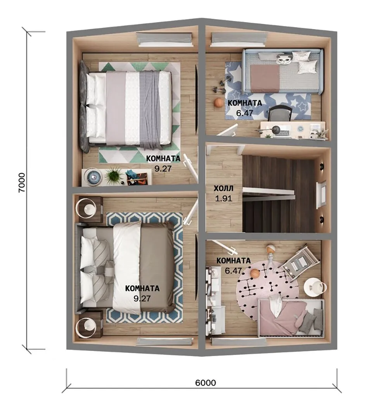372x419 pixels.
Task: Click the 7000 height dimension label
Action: click(x=21, y=182)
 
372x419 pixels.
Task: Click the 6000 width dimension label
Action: click(x=205, y=383)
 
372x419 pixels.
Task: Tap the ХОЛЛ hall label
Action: click(x=223, y=189)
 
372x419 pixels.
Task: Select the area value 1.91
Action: click(x=223, y=199)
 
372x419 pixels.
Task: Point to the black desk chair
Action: click(x=280, y=114)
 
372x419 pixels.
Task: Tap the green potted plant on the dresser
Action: click(x=114, y=176)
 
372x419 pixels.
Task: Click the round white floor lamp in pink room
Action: click(x=314, y=287)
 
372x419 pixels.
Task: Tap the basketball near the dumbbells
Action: click(x=218, y=102)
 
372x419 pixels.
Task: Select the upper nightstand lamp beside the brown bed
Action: click(x=86, y=207)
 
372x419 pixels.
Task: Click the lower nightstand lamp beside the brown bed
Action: click(x=86, y=327)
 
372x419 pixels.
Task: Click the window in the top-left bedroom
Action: click(x=165, y=39)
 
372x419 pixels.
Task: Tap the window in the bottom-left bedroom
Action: click(x=165, y=341)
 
